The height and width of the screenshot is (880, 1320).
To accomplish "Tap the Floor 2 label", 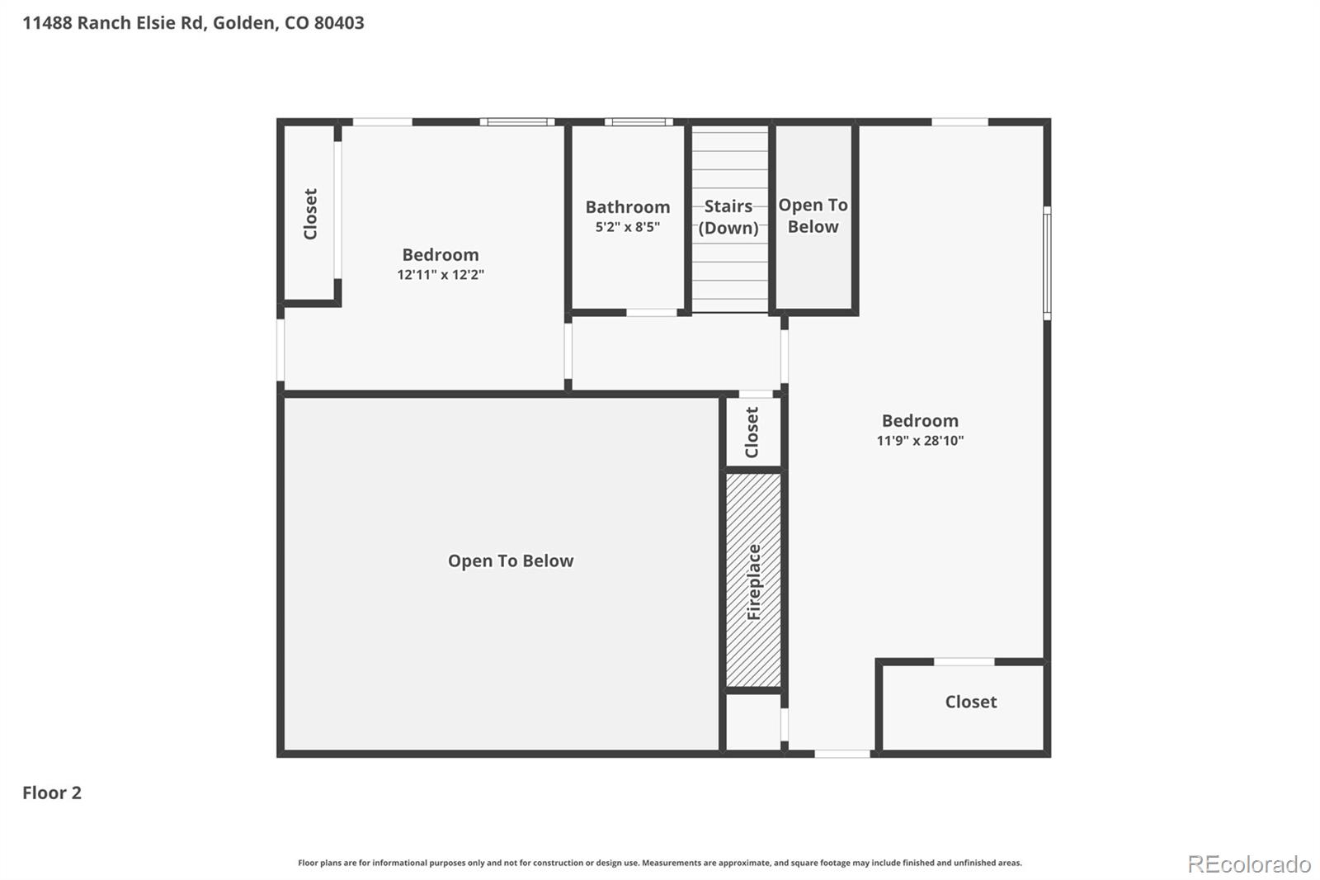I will (x=51, y=792).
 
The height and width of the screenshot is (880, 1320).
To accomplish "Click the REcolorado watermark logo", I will (x=1248, y=864).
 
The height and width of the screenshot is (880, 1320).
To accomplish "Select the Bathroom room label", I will (x=627, y=207).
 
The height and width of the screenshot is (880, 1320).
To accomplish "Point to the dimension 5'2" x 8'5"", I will (x=627, y=227).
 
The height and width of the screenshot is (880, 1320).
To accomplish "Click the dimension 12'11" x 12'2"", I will (x=440, y=275).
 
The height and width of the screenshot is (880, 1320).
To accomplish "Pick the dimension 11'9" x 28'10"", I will (x=919, y=441).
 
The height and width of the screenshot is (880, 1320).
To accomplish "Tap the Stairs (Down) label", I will (x=728, y=217).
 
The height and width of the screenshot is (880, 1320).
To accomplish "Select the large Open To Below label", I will (x=510, y=561).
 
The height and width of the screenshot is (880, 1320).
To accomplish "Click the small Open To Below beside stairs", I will (x=813, y=216).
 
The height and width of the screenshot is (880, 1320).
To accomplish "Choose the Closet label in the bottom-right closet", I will (x=970, y=702).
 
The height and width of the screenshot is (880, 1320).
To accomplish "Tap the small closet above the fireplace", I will (x=752, y=432).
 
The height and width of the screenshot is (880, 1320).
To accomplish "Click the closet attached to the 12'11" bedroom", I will (x=310, y=214).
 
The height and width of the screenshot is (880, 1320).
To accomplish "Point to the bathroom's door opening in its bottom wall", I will (x=652, y=313).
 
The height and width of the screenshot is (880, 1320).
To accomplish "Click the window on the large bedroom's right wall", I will (x=1047, y=263).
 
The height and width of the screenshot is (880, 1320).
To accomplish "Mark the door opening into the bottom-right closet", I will (x=964, y=661).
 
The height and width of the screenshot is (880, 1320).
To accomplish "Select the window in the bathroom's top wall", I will (x=638, y=122).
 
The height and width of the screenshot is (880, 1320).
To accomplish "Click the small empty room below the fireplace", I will (x=752, y=722).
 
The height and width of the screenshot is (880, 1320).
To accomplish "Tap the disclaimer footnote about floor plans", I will (x=659, y=863).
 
